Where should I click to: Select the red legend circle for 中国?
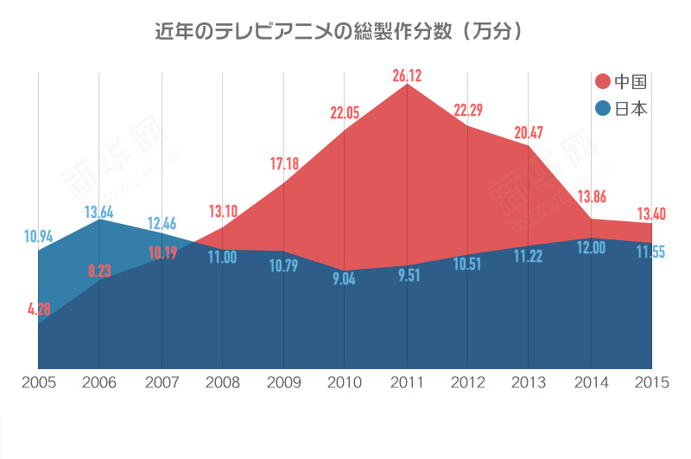click(603, 81)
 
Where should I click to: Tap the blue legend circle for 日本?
click(603, 109)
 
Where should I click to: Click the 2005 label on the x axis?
click(38, 383)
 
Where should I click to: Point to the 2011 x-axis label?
click(406, 383)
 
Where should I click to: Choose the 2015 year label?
click(652, 383)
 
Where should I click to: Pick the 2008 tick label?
click(222, 383)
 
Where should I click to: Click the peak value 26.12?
click(407, 76)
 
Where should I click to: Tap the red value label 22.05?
click(345, 112)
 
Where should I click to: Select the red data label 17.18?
click(285, 163)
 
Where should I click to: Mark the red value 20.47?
click(529, 132)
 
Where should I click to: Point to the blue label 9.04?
click(345, 279)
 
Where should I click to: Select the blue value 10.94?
click(38, 235)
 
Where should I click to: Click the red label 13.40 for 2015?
click(651, 214)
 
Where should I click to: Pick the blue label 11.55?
click(651, 252)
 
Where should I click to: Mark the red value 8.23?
click(99, 271)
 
